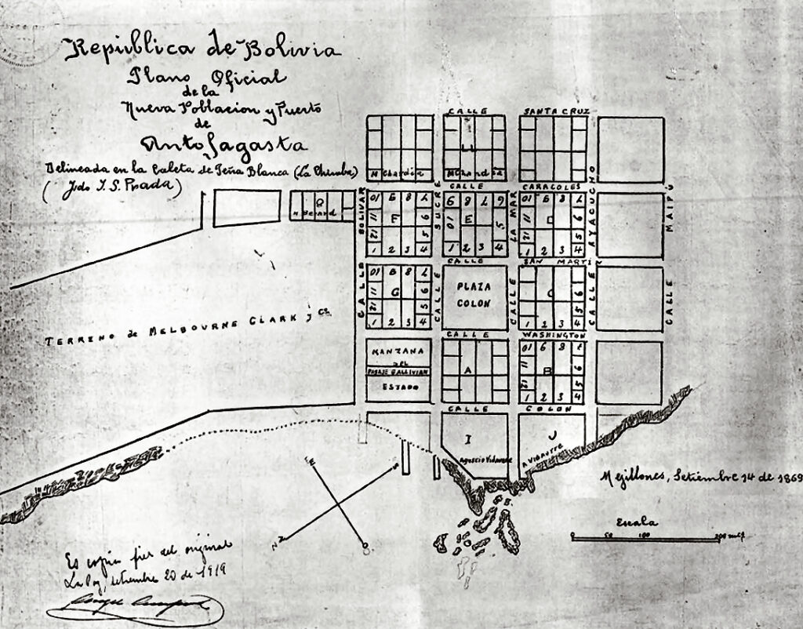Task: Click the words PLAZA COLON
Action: click(474, 294)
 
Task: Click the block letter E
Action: click(468, 220)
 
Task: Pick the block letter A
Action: click(469, 369)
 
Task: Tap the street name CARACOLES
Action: click(553, 187)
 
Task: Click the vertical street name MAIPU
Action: click(670, 208)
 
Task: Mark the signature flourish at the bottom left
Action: click(133, 607)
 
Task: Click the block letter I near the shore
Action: click(467, 437)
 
